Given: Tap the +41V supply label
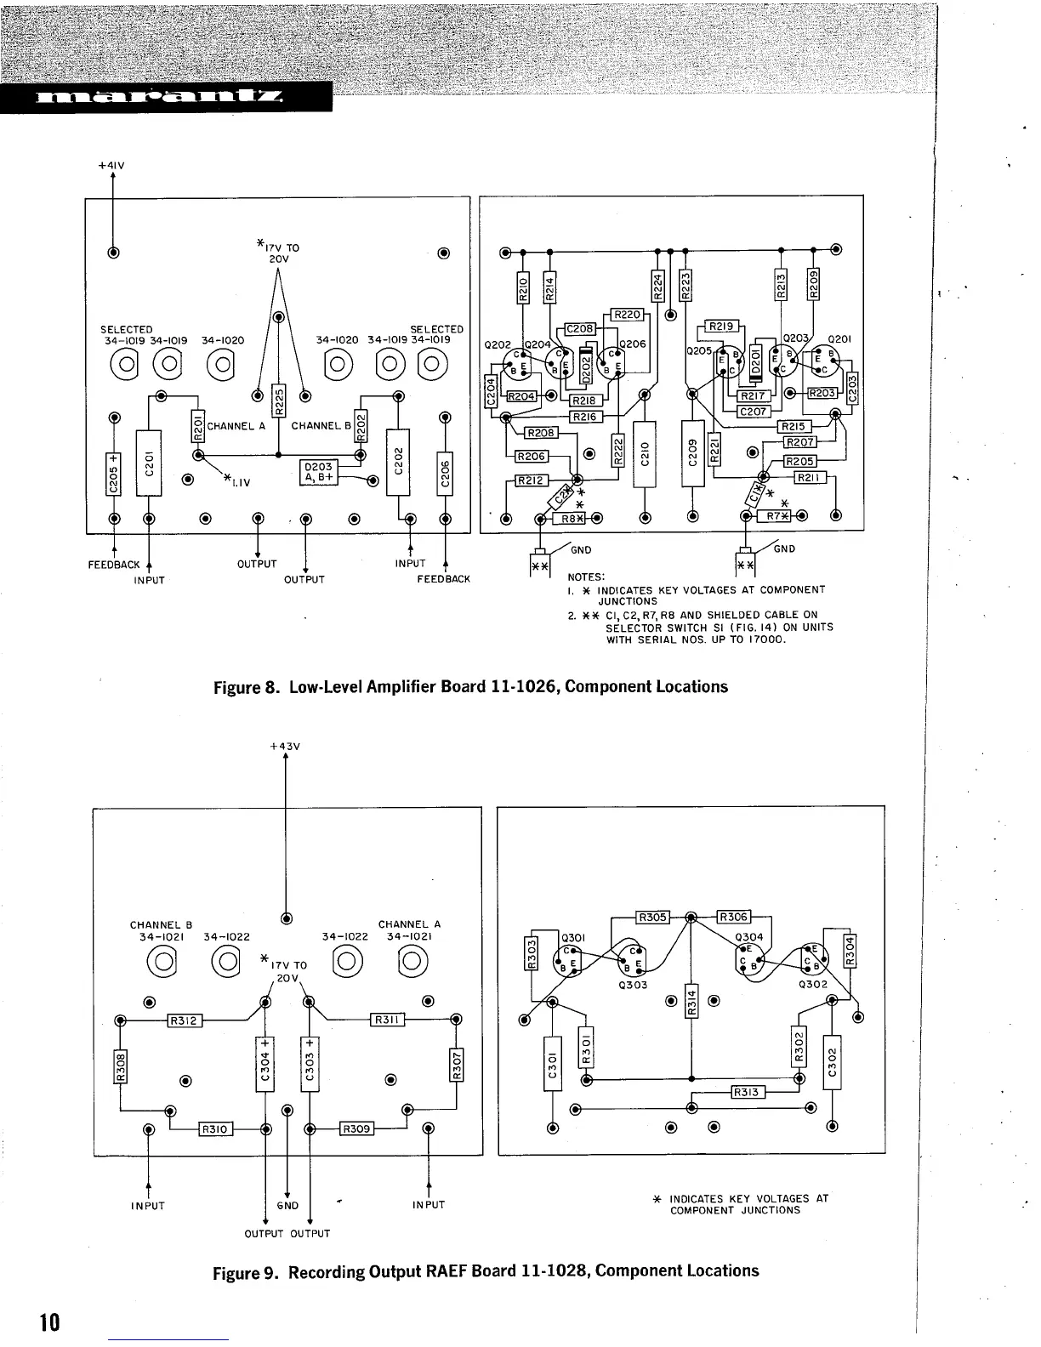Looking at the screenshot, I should click(111, 167).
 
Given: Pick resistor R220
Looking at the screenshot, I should click(629, 315).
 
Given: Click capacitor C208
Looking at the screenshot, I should click(581, 328).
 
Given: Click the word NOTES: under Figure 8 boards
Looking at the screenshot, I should click(586, 577).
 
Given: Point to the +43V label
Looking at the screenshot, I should click(285, 746).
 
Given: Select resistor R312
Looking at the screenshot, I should click(185, 1020).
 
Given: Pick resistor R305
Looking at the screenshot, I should click(653, 917).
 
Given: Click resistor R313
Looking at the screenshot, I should click(748, 1092).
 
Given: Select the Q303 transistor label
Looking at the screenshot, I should click(634, 985).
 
